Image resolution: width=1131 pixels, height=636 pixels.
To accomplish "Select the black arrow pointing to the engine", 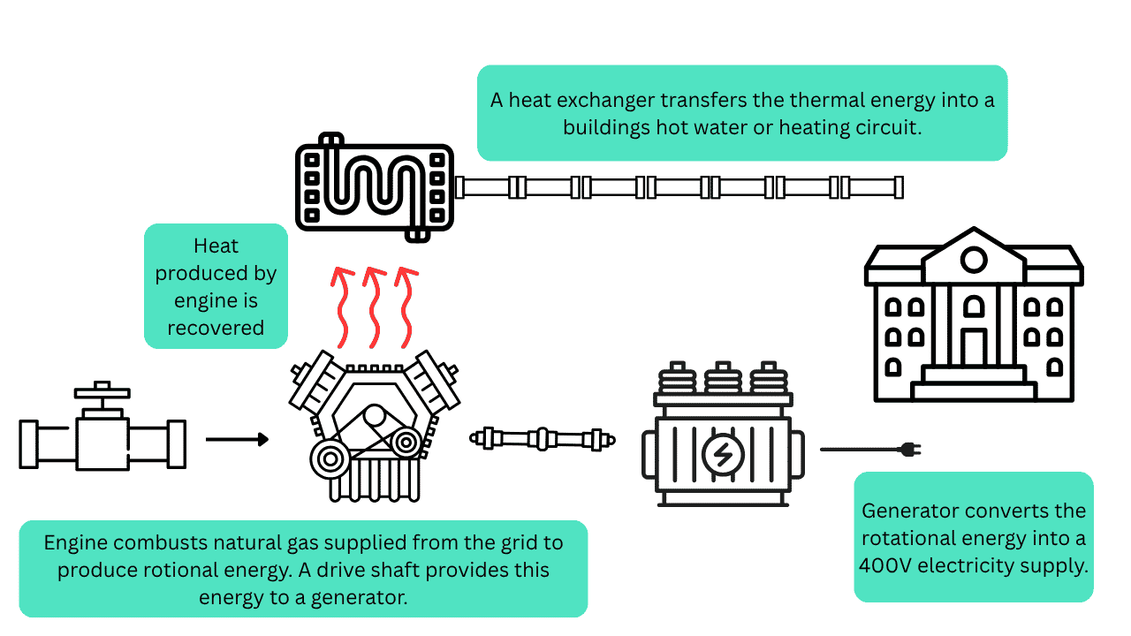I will [x=237, y=439].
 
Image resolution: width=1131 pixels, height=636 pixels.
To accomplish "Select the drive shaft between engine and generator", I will [x=543, y=438].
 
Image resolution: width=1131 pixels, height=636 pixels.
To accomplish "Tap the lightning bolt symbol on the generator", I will [x=723, y=454].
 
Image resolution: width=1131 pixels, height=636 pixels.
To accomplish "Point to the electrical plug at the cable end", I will [x=909, y=450].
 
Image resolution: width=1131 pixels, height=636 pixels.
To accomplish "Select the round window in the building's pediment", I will [x=974, y=261].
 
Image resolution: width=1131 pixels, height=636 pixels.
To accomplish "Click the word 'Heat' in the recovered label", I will [x=216, y=246].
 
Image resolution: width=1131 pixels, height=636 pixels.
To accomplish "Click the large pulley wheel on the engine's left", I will [x=330, y=459].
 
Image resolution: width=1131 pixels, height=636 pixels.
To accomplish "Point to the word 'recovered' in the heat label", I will [x=216, y=328].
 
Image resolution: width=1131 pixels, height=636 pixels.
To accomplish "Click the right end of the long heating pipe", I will [x=899, y=187].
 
